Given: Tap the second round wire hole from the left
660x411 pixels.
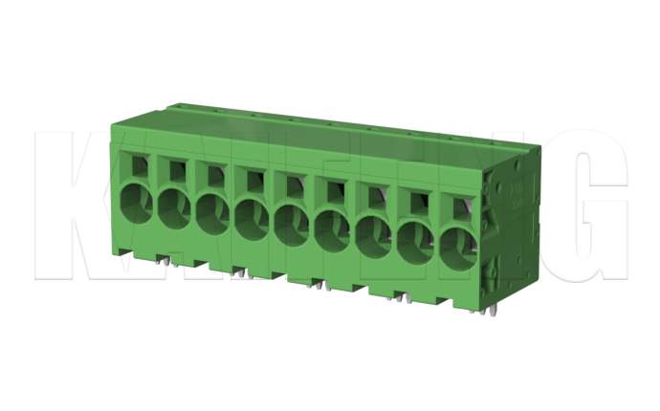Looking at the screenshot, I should (175, 207).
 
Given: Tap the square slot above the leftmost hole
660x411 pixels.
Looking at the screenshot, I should (140, 164).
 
